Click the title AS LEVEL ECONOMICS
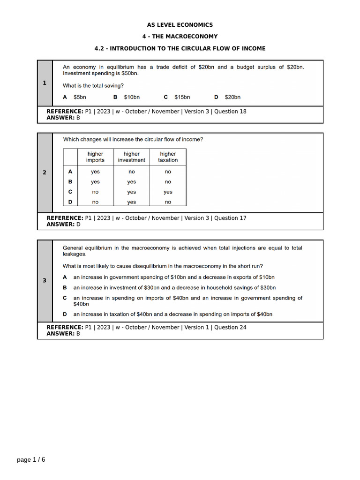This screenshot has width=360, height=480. pyautogui.click(x=180, y=25)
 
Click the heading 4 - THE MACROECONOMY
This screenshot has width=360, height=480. pyautogui.click(x=180, y=37)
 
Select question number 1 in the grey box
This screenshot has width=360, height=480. pyautogui.click(x=45, y=83)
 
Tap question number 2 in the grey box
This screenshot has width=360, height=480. pyautogui.click(x=45, y=172)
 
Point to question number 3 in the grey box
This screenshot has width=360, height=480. pyautogui.click(x=45, y=281)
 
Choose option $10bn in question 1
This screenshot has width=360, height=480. pyautogui.click(x=132, y=97)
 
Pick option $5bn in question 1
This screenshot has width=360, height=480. pyautogui.click(x=80, y=97)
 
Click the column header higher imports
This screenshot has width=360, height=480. pyautogui.click(x=95, y=157)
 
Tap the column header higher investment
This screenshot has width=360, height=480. pyautogui.click(x=131, y=157)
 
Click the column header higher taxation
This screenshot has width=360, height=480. pyautogui.click(x=168, y=157)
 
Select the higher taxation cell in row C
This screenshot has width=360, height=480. pyautogui.click(x=168, y=192)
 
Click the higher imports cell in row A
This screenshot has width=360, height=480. pyautogui.click(x=95, y=172)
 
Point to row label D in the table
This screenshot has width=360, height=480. pyautogui.click(x=70, y=202)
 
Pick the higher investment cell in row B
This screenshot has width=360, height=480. pyautogui.click(x=131, y=182)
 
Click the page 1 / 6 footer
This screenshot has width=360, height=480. pyautogui.click(x=31, y=460)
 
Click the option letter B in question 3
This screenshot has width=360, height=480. pyautogui.click(x=65, y=287)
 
